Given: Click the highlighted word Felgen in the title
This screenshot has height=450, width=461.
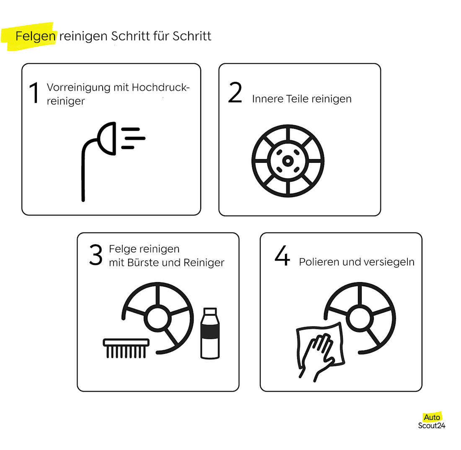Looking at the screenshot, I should coord(35,37).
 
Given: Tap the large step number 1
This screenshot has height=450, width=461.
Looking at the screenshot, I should coord(34,93).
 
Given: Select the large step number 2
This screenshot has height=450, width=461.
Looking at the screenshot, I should coord(235,94).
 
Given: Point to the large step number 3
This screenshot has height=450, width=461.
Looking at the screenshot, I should coord(96,255).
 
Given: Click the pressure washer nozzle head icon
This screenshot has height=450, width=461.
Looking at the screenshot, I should coord(107,138).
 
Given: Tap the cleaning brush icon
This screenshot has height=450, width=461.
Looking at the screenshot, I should coord(126,348).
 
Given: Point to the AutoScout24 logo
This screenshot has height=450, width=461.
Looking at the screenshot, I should coord(432,421).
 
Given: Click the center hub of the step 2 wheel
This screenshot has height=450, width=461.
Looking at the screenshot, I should coord(287,161).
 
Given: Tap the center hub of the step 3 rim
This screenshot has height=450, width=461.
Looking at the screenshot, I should coord(158,318).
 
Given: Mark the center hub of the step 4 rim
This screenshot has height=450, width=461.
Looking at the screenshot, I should coord(360,318).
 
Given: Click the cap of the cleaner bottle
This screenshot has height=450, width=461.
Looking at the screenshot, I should coord(210,312).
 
